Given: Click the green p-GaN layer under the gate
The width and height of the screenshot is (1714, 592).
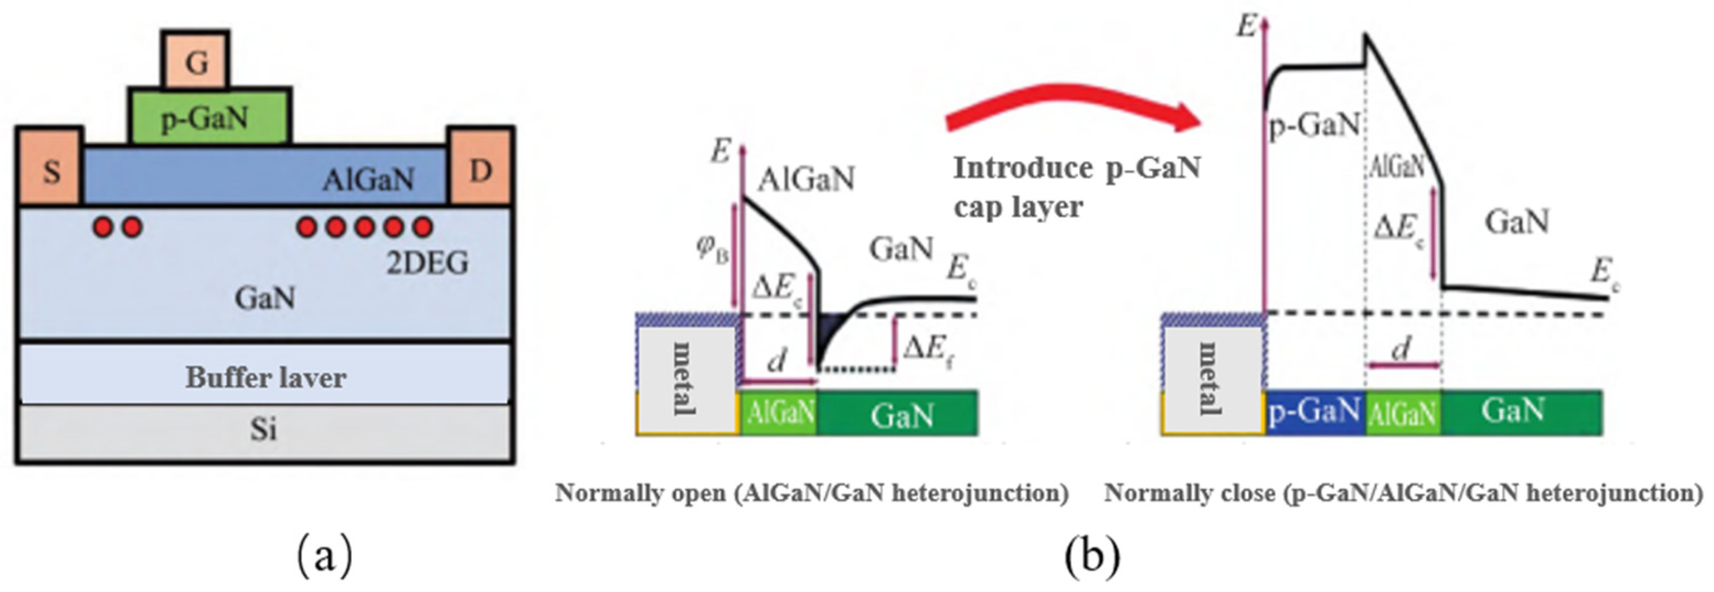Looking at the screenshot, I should [x=209, y=118].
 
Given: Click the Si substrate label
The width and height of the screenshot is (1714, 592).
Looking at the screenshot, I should [x=263, y=430].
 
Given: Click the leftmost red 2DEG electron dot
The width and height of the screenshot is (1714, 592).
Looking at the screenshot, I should [x=104, y=227].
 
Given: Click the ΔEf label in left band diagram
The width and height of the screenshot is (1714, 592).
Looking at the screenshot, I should [x=930, y=346].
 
